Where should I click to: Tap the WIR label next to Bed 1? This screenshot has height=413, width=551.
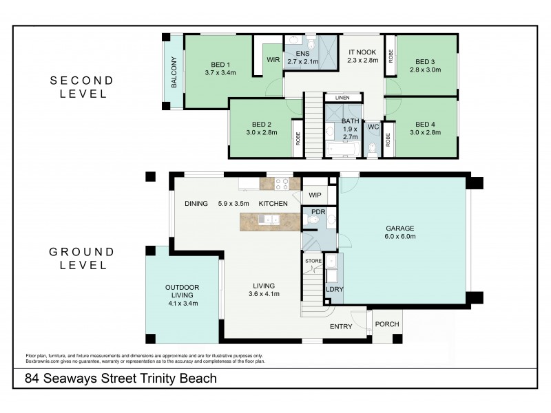pyautogui.click(x=273, y=60)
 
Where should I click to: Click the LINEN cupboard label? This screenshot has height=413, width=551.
pyautogui.click(x=342, y=98)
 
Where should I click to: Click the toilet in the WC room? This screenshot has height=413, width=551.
pyautogui.click(x=373, y=146)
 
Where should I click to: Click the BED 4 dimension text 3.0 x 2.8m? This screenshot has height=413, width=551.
pyautogui.click(x=425, y=132)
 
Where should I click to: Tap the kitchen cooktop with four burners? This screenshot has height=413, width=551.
pyautogui.click(x=282, y=184)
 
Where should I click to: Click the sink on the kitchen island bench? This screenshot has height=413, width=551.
pyautogui.click(x=269, y=220)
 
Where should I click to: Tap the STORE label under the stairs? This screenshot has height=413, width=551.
pyautogui.click(x=313, y=261)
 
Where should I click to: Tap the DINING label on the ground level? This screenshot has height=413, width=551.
pyautogui.click(x=196, y=204)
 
